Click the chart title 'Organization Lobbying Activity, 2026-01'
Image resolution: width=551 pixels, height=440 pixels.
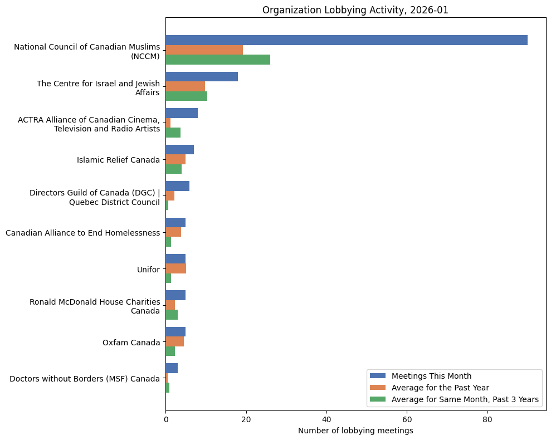(x=355, y=10)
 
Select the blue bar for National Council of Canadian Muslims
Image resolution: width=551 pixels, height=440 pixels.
(x=346, y=40)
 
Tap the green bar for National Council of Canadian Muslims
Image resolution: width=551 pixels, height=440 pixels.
(x=218, y=60)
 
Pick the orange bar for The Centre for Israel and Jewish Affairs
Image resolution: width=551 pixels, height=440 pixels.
(x=185, y=86)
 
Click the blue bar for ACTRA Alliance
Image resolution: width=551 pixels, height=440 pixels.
(x=182, y=113)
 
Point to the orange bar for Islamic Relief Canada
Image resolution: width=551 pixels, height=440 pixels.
(x=175, y=159)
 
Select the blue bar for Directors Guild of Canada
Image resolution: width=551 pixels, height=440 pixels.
(x=177, y=186)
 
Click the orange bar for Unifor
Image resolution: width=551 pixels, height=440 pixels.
(x=175, y=268)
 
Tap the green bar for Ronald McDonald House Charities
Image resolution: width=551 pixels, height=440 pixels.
(x=172, y=315)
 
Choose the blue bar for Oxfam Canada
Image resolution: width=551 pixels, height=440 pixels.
(x=175, y=332)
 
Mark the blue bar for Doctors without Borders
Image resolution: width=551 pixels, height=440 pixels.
(x=172, y=368)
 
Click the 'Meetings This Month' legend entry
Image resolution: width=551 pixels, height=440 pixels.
(x=431, y=375)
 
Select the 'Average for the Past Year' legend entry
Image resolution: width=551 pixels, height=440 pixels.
(x=440, y=387)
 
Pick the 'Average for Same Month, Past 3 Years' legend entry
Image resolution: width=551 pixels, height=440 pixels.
(x=465, y=399)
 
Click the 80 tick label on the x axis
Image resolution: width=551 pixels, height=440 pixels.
(x=487, y=419)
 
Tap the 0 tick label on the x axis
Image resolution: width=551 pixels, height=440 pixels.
(x=165, y=419)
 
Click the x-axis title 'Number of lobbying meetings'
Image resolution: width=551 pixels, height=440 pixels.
(x=355, y=431)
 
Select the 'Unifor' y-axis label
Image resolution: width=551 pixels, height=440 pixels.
(x=148, y=270)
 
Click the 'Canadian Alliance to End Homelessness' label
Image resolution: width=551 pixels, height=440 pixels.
(x=82, y=233)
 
